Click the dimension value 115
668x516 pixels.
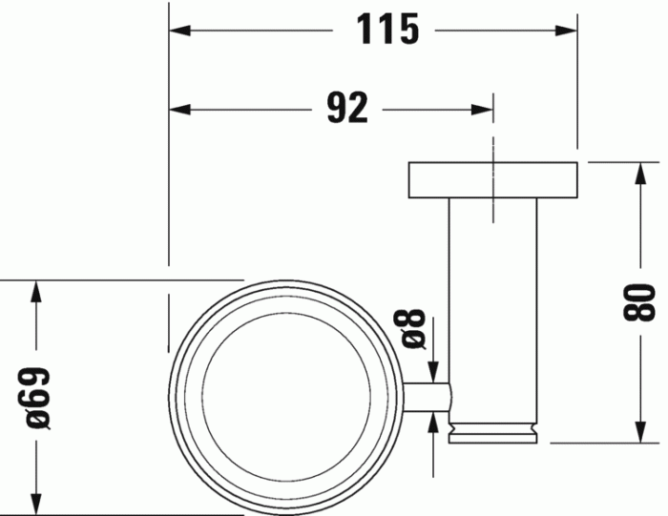387,30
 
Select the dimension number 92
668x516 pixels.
346,109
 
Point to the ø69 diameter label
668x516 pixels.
37,398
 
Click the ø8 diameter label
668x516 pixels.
412,329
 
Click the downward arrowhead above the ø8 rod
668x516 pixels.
434,371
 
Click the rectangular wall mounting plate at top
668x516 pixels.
492,180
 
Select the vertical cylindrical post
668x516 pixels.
492,305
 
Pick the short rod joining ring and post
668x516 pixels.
427,398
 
